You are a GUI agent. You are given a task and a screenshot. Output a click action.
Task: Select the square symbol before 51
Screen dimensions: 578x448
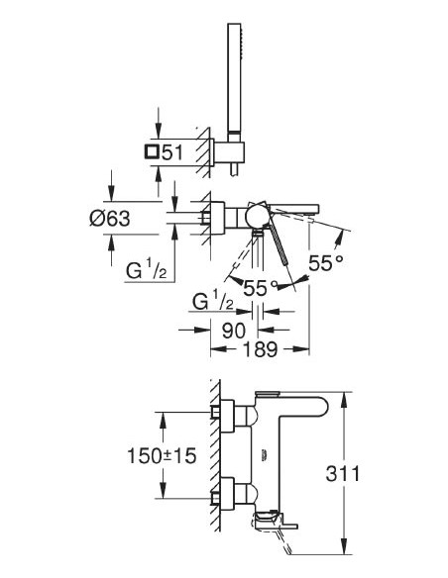[x=151, y=151]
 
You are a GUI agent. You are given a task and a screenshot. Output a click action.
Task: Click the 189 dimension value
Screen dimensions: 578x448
[x=261, y=349]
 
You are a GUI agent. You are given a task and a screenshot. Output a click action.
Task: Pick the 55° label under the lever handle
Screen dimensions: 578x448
[x=261, y=288]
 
